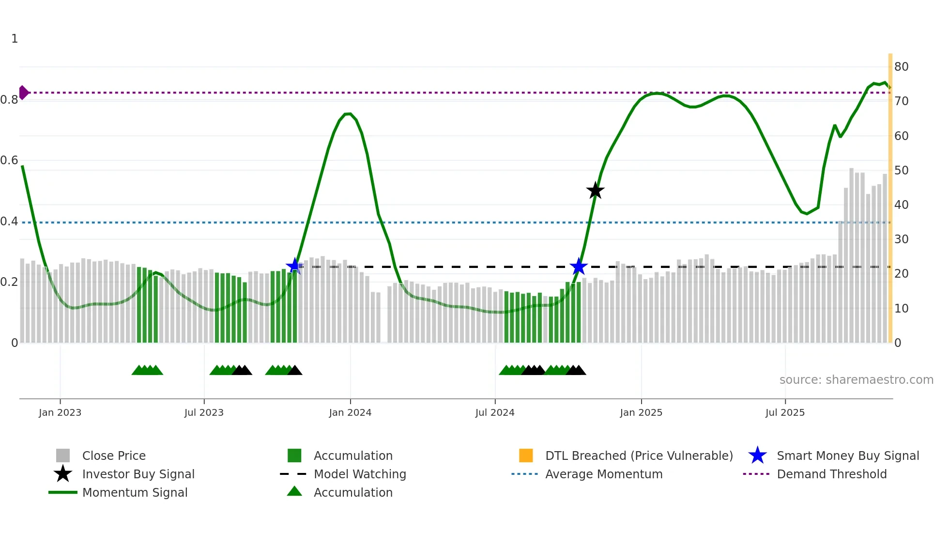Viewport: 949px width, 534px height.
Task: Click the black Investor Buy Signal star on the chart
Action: [x=595, y=190]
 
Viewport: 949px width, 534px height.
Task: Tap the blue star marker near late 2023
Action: [x=294, y=266]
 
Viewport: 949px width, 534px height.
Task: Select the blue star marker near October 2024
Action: [x=578, y=266]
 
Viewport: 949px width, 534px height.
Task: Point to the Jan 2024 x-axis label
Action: [x=350, y=412]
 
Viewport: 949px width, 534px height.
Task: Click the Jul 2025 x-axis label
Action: [x=785, y=412]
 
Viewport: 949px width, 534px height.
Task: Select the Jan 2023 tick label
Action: [x=60, y=412]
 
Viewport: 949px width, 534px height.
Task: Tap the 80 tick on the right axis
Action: [x=901, y=67]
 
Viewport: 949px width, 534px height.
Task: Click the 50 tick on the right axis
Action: [x=901, y=171]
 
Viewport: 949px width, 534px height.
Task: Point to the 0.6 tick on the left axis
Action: [x=10, y=160]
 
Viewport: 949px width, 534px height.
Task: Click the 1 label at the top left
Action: [x=15, y=39]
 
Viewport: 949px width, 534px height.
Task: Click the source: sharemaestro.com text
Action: [x=856, y=380]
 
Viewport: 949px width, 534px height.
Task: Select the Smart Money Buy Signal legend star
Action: [x=757, y=455]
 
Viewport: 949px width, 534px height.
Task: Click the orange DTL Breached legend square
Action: [x=526, y=455]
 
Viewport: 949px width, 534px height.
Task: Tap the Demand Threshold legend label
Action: [x=831, y=474]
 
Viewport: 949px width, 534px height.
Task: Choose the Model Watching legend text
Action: [x=360, y=474]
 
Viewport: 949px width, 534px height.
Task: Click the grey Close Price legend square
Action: [x=63, y=455]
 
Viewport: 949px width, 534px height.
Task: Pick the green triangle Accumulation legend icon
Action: [x=294, y=491]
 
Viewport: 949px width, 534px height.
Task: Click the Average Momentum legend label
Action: [x=604, y=474]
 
